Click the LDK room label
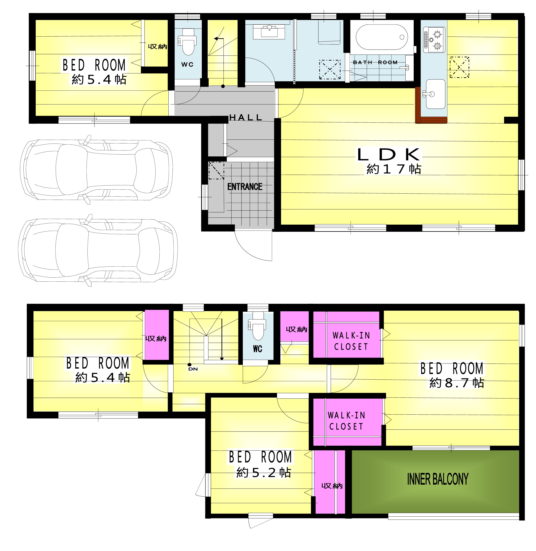click(x=389, y=154)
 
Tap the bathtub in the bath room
click(x=382, y=37)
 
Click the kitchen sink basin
click(x=435, y=94)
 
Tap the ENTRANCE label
click(x=245, y=186)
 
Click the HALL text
click(x=246, y=117)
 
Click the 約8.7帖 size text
click(x=457, y=383)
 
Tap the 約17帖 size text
click(x=393, y=169)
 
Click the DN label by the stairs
click(x=193, y=369)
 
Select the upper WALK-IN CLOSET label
click(x=351, y=341)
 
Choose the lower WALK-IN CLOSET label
click(x=346, y=421)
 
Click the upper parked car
click(x=96, y=170)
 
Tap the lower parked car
click(x=98, y=250)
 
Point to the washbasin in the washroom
click(x=269, y=31)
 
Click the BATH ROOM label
click(x=375, y=62)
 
